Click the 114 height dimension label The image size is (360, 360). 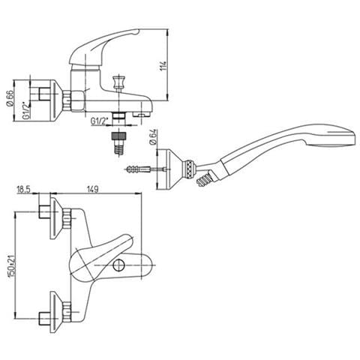point(163,65)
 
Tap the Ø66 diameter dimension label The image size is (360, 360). point(10,98)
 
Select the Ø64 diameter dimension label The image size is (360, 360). point(153,136)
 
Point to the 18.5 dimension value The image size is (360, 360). point(23,190)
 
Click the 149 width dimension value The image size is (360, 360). point(92,189)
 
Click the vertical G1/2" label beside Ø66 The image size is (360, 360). point(25,110)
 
